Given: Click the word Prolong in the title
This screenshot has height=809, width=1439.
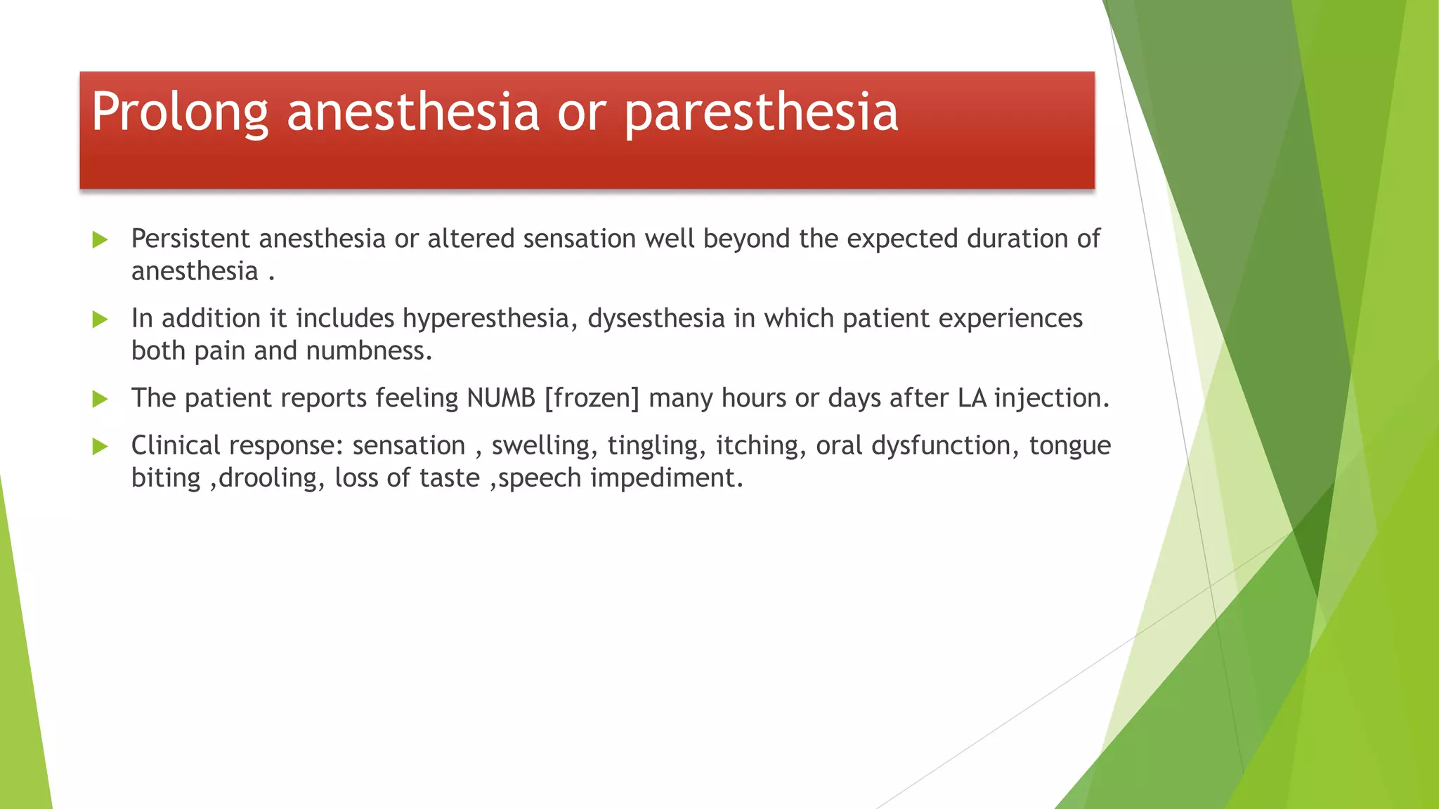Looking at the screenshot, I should (x=180, y=112).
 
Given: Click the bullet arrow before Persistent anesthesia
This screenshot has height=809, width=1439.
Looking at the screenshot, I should (x=100, y=240).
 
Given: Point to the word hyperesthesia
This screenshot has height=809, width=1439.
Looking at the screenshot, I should (x=490, y=319).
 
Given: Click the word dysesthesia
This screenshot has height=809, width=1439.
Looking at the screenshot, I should (x=656, y=319).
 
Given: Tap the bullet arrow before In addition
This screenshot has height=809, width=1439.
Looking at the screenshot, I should (x=100, y=320).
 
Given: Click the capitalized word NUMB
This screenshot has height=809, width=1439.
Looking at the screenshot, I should (x=501, y=398).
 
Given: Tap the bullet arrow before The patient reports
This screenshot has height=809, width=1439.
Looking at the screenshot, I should (x=100, y=400).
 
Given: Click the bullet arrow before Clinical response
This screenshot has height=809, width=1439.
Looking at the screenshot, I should (x=100, y=447).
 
